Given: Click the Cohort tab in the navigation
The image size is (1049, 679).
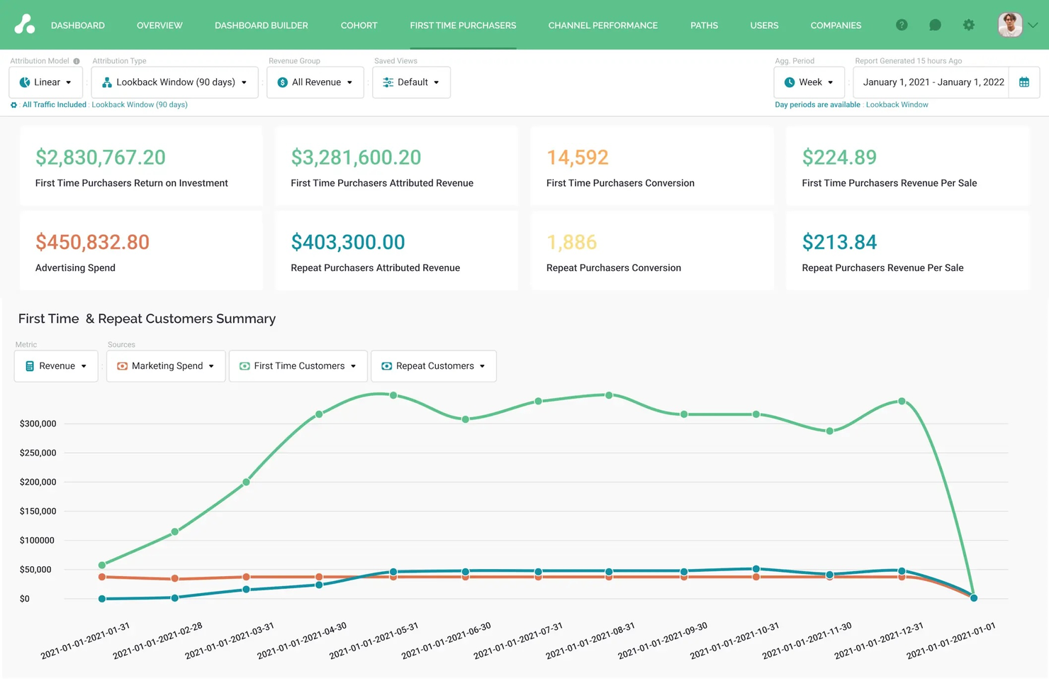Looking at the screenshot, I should (x=359, y=26).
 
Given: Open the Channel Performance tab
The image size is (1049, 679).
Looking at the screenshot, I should (x=602, y=26).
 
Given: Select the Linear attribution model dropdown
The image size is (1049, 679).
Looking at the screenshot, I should (x=46, y=82).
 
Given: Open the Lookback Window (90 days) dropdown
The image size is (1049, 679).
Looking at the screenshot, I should (x=175, y=82).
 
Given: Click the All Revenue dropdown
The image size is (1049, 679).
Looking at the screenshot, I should (x=315, y=82).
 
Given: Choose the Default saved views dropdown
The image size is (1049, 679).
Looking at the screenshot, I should (x=411, y=82).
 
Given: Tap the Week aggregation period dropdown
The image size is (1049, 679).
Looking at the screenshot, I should (x=809, y=82).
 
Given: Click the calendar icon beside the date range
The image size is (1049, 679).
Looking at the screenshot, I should (x=1024, y=82).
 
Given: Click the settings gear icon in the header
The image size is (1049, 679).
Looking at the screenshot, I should (x=968, y=25).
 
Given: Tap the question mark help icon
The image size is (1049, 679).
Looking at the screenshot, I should (x=902, y=25).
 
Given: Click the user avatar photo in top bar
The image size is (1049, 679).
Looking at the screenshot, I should (x=1009, y=25).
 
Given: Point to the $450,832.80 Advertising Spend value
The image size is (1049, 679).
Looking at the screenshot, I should (x=92, y=242).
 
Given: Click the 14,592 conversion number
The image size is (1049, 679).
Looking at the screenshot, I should (x=577, y=158).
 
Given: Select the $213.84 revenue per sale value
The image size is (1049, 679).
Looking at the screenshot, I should (x=839, y=242).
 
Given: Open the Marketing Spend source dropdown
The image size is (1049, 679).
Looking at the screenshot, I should (x=166, y=366).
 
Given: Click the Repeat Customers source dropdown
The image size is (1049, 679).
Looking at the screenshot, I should (x=434, y=366).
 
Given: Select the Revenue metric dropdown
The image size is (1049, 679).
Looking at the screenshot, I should (x=56, y=366).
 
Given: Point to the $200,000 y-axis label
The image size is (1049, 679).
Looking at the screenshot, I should (x=38, y=482).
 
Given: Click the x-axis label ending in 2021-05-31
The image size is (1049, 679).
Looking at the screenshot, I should (x=374, y=641).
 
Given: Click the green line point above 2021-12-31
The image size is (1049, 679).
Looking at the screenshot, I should (x=902, y=401).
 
